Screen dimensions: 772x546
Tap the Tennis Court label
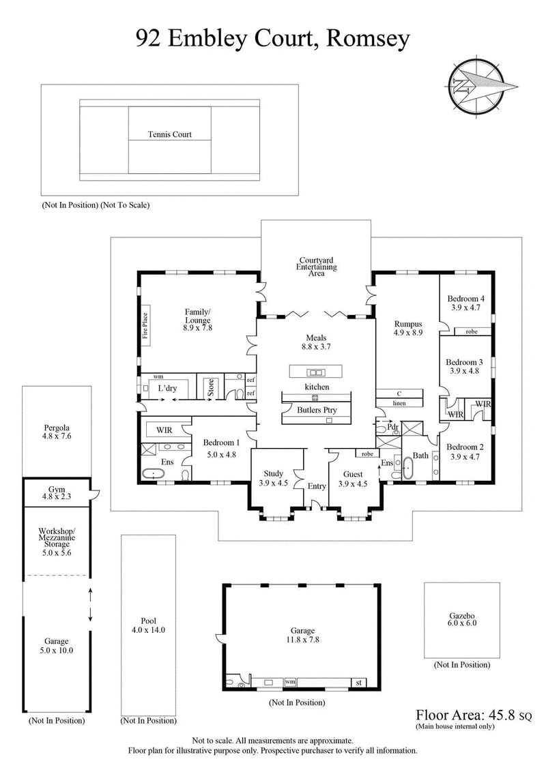pos(170,134)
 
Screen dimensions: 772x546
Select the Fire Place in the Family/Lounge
pos(145,325)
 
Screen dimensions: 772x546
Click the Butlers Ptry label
pos(317,410)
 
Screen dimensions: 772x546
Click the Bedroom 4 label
pos(465,298)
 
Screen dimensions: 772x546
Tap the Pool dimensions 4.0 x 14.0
pos(149,630)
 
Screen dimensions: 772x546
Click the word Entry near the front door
pos(317,486)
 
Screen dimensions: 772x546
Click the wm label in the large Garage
pos(290,681)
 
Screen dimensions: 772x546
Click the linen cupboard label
pos(399,403)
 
